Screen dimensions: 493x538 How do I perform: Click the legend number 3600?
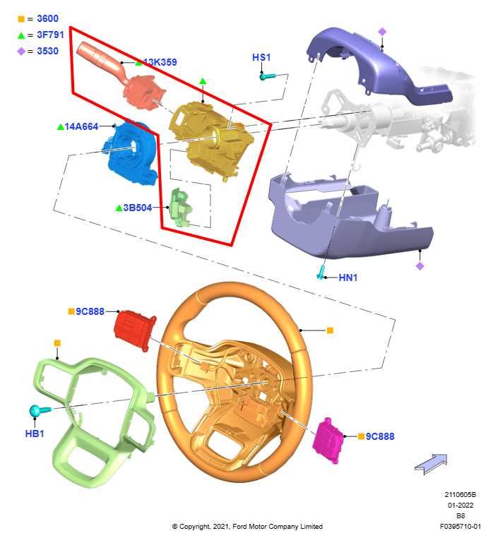47,18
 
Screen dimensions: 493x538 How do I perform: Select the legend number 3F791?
50,35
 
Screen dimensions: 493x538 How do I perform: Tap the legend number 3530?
47,51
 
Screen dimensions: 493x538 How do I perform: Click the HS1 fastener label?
261,57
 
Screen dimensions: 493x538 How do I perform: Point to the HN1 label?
348,277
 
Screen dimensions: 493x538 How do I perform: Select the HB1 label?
35,434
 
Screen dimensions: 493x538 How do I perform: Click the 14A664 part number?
81,126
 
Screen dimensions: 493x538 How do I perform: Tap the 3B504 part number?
137,208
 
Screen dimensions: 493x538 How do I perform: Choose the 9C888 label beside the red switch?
90,311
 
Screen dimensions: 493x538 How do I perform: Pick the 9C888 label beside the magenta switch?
380,436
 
